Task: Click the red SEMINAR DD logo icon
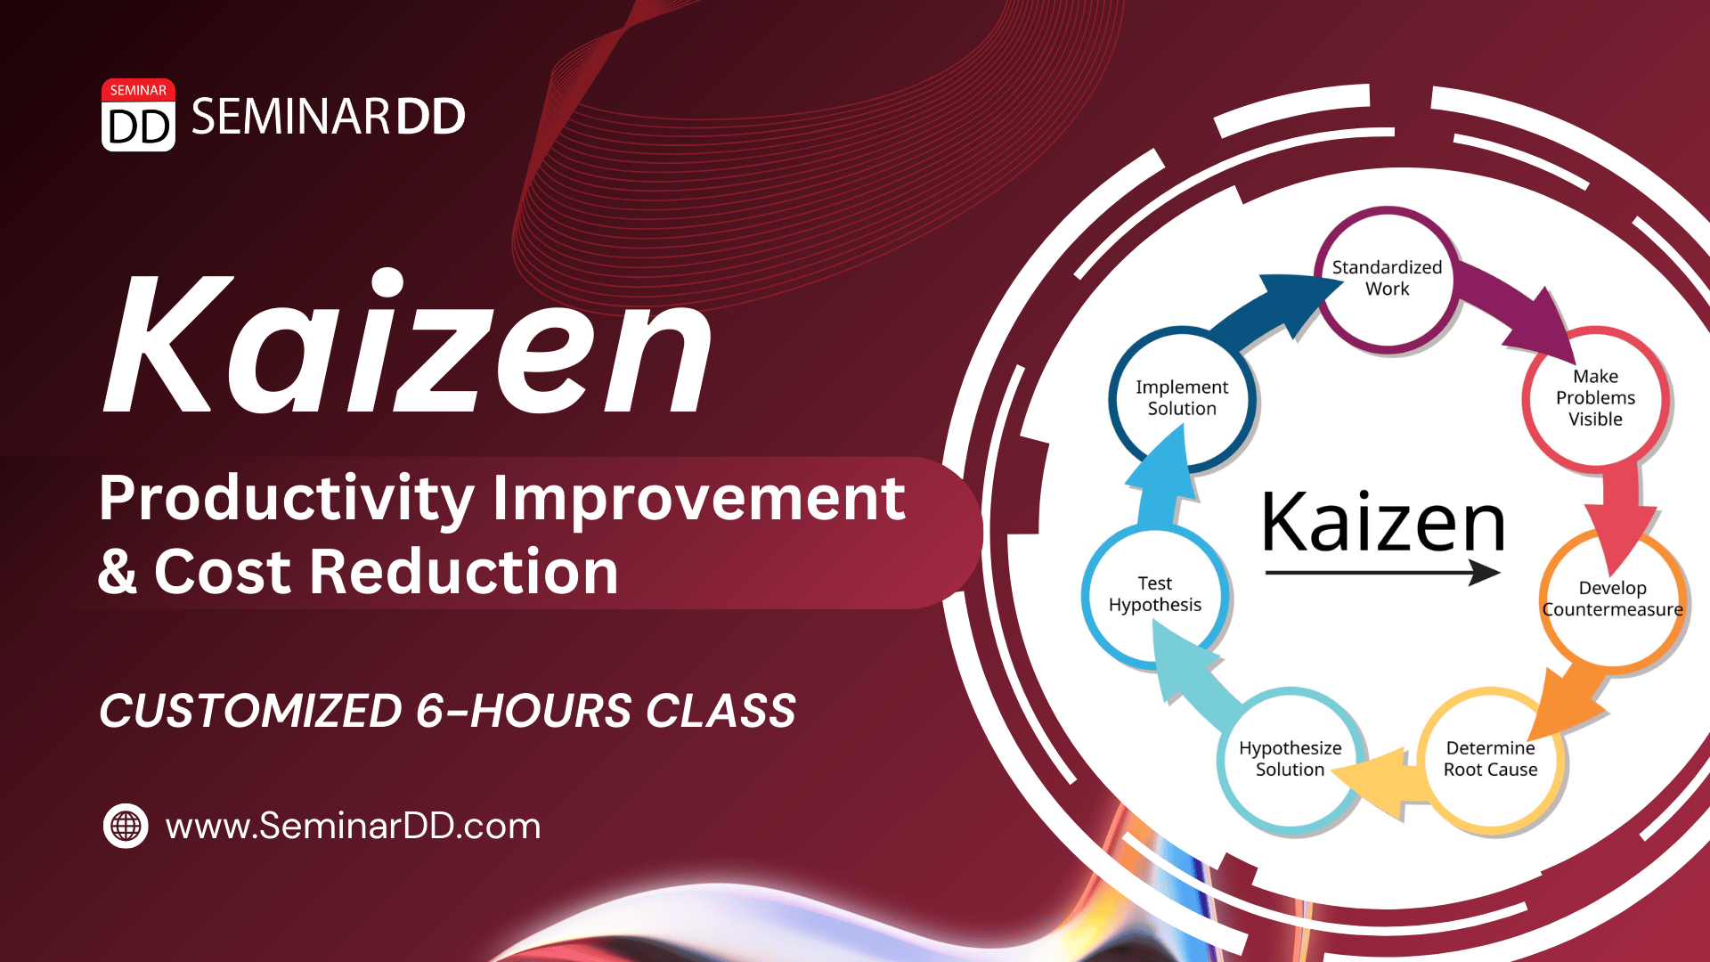[x=138, y=115]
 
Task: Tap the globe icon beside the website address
[x=126, y=826]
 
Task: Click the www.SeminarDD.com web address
[x=353, y=827]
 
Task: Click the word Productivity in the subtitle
[x=287, y=501]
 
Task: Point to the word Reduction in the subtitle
[x=463, y=571]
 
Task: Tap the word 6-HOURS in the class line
[x=524, y=710]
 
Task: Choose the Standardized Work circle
[x=1387, y=279]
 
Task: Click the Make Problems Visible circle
[x=1595, y=397]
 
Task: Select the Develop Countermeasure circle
[x=1612, y=599]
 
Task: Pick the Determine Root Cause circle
[x=1490, y=759]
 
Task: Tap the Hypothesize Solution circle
[x=1290, y=759]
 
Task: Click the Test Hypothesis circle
[x=1155, y=594]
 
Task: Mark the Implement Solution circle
[x=1182, y=398]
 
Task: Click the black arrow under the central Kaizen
[x=1382, y=572]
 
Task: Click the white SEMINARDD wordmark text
[x=328, y=117]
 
